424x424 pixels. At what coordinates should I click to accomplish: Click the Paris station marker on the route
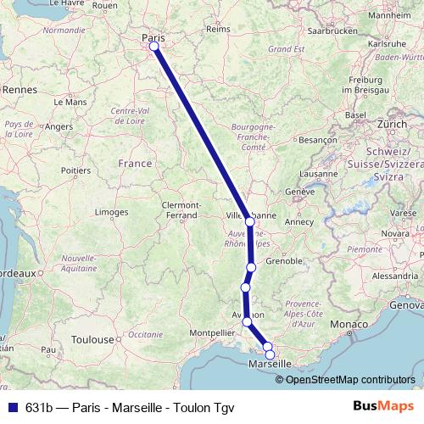[154, 47]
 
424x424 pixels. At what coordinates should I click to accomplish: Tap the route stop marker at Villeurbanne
[249, 222]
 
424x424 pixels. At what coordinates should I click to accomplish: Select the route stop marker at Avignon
[247, 321]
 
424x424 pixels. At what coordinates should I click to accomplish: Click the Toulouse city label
[92, 339]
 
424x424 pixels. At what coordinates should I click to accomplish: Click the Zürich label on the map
[392, 124]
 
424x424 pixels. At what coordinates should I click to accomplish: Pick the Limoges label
[111, 211]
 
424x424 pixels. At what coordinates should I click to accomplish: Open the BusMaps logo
[382, 407]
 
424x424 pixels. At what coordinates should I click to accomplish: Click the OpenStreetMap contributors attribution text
[350, 379]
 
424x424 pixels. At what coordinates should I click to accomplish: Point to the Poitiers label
[75, 170]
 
